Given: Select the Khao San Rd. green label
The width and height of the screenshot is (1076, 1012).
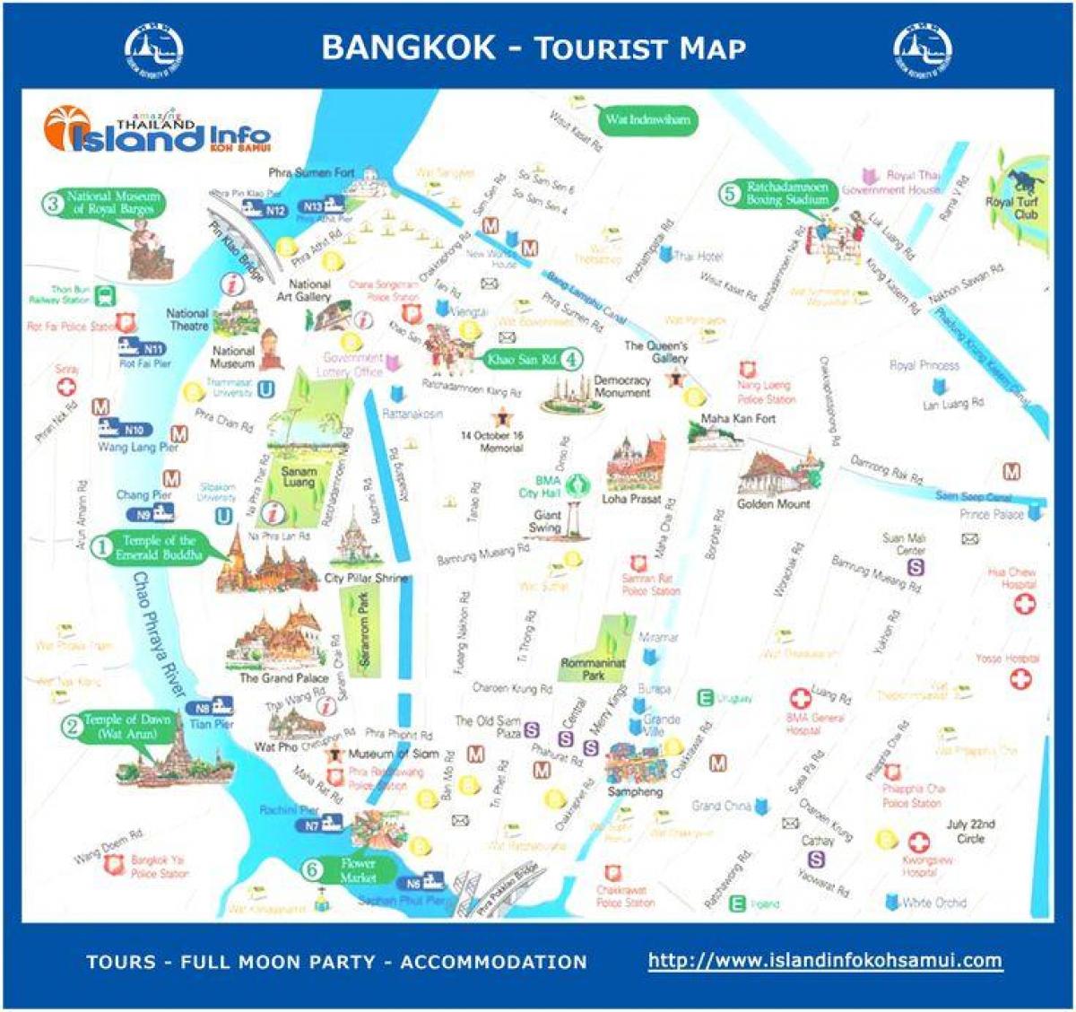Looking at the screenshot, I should tap(522, 360).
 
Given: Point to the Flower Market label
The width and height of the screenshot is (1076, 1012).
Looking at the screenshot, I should tap(357, 870).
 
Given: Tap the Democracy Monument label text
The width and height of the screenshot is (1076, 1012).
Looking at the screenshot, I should tap(621, 386).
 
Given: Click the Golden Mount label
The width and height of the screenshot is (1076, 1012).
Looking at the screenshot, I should tap(773, 504).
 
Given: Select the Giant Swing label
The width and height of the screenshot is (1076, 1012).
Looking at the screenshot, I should tap(546, 521).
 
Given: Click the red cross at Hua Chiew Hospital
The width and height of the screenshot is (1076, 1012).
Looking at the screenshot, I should tap(1023, 604).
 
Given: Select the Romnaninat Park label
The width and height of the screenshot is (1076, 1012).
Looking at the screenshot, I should tap(593, 668).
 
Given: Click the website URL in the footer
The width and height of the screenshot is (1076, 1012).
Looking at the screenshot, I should tap(824, 960).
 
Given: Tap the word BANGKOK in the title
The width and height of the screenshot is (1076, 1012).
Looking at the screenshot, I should tap(408, 48).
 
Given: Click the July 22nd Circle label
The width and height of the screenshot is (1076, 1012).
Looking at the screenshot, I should tap(970, 832).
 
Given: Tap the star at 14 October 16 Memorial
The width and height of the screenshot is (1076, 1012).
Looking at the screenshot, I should tap(499, 417).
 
